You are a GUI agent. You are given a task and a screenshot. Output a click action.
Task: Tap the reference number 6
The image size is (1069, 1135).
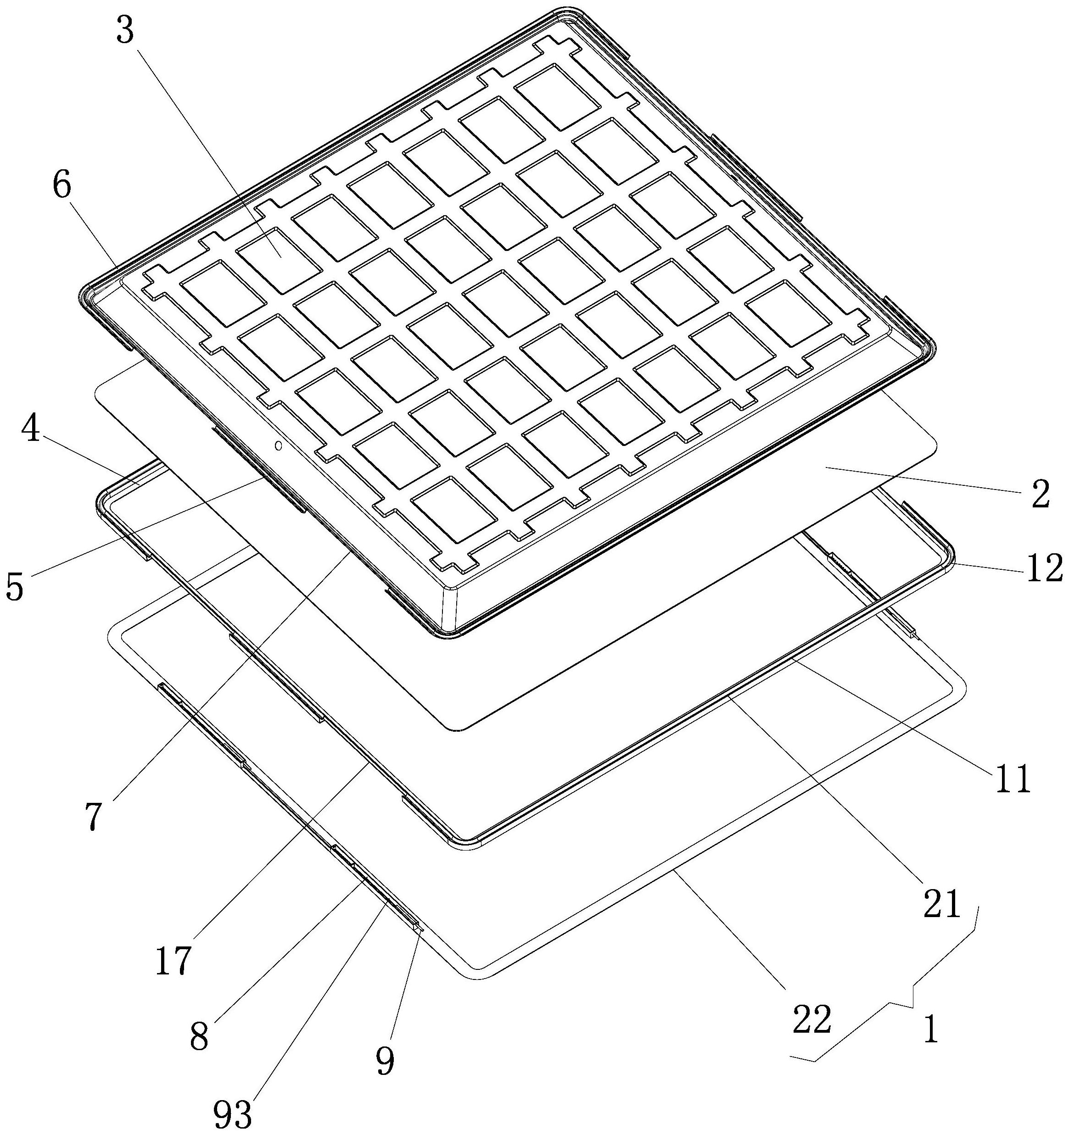point(62,187)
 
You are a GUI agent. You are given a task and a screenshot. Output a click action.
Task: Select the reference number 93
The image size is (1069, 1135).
point(233,1112)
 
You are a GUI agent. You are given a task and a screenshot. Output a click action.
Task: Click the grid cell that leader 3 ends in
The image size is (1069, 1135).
point(279,252)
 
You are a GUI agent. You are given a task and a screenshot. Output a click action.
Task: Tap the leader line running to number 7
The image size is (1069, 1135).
point(229,673)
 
